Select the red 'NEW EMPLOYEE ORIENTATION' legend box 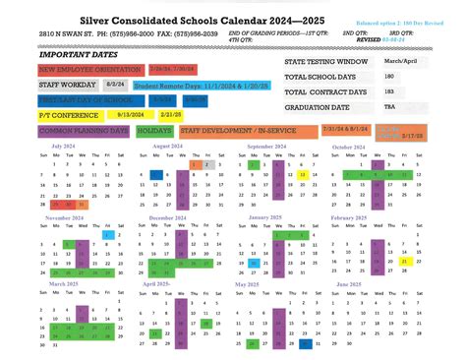89,70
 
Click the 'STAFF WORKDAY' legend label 67,85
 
